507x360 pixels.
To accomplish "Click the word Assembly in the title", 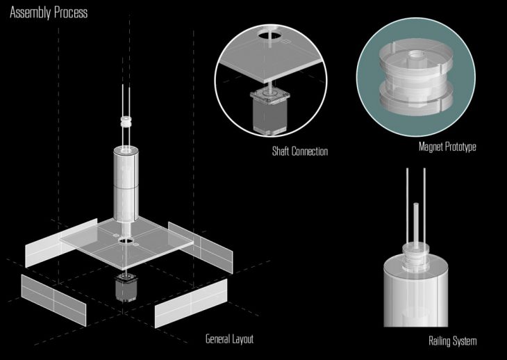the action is [30, 13].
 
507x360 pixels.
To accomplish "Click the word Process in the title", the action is [70, 13].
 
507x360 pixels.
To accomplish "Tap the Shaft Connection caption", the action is [300, 152].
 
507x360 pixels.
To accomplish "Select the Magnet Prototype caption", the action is [447, 147].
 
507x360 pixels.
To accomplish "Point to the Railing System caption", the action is [452, 341].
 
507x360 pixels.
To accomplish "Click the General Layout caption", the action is [229, 339].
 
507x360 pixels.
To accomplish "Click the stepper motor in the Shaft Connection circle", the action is [269, 112].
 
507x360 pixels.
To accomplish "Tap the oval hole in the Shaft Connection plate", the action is [269, 34].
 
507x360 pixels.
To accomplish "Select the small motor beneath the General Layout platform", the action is [126, 288].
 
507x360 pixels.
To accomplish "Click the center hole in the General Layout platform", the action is [126, 240].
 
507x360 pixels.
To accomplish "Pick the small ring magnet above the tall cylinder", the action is [126, 122].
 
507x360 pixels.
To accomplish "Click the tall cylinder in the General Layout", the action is [126, 183].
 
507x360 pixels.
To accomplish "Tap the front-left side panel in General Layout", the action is [53, 300].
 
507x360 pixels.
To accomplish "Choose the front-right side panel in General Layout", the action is [191, 304].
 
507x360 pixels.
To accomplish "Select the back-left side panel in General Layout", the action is [61, 243].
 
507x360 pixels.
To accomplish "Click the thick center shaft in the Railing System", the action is [416, 227].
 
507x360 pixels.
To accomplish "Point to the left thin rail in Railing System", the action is [407, 211].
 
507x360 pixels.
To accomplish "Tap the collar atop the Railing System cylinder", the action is [416, 257].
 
